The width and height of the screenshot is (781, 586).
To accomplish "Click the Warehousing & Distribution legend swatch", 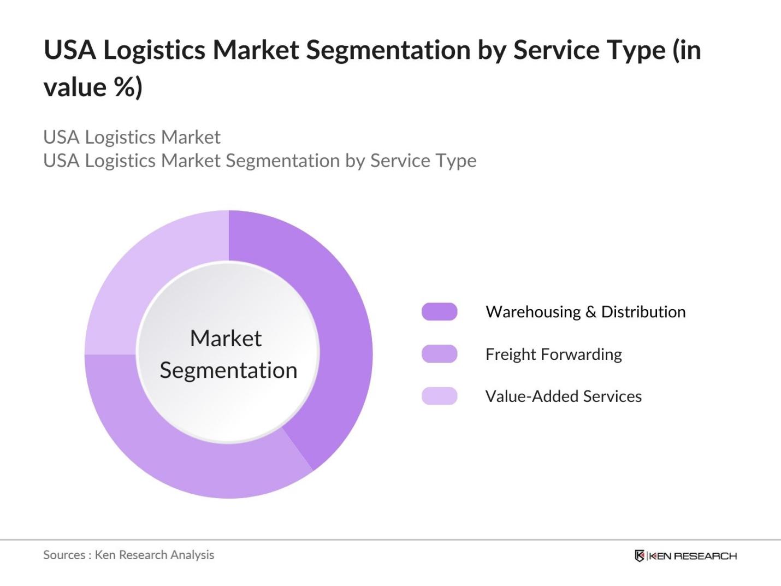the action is point(440,312).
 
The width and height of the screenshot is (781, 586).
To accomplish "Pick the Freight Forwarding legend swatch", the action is point(440,354).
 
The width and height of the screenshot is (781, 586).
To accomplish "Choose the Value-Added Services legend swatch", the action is point(440,396).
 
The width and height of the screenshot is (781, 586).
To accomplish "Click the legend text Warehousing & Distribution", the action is point(585,312).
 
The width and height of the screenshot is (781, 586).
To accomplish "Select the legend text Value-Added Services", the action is point(564,396).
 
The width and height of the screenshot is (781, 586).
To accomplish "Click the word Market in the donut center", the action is point(226,338).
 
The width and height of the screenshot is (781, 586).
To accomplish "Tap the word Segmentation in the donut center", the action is point(228,371).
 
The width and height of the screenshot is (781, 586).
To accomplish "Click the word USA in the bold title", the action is point(70,50).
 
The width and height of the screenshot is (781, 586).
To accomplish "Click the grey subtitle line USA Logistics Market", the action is point(132,137).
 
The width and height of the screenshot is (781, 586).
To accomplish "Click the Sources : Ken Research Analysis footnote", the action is point(128,555).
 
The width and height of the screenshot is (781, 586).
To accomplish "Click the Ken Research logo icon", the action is point(640,556).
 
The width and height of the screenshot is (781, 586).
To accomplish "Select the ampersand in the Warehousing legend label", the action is point(590,312).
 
